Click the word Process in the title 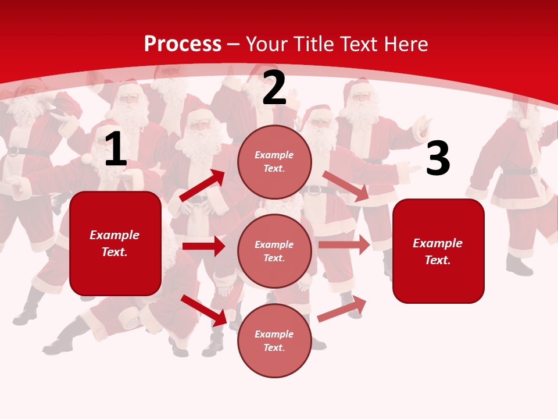click(x=183, y=44)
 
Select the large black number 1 click(x=115, y=150)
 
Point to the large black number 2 click(x=274, y=88)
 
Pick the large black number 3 click(x=438, y=159)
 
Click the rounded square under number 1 click(x=115, y=243)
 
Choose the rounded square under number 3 click(x=438, y=251)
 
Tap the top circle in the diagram click(x=274, y=162)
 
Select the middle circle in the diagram click(x=274, y=251)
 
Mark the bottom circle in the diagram click(x=274, y=340)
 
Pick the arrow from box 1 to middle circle click(x=203, y=246)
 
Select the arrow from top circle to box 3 click(x=345, y=186)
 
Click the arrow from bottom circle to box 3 click(x=342, y=308)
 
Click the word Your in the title click(x=266, y=44)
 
